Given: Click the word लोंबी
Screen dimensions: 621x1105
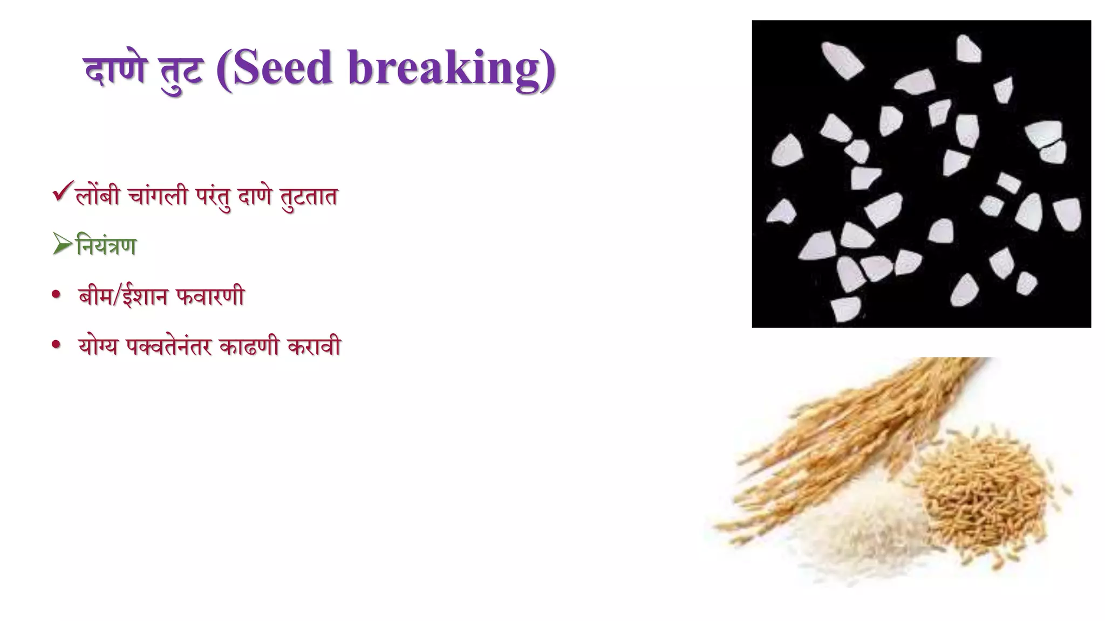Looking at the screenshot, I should click(98, 196).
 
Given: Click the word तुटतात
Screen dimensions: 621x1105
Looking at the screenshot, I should click(309, 197).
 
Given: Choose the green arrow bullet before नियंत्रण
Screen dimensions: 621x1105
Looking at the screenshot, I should click(63, 245).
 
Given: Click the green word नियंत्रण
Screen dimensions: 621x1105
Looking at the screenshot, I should click(107, 246).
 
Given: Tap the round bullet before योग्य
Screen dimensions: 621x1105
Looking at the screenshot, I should click(56, 346).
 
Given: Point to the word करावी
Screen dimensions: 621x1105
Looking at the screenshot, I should click(314, 347).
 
